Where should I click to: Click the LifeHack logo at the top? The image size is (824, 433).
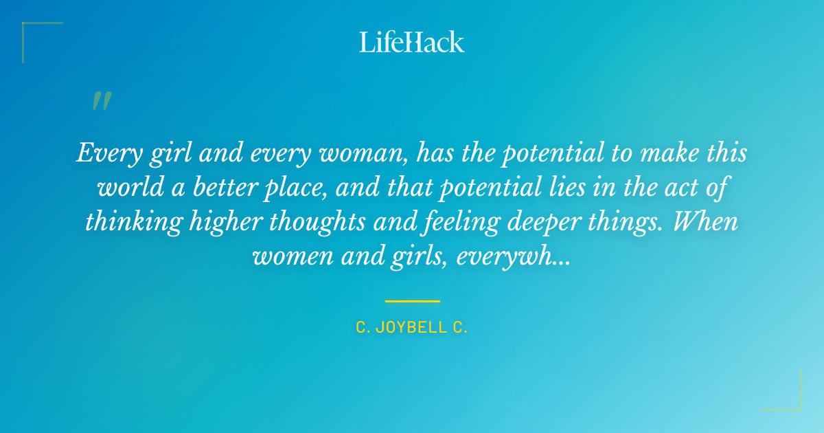[412, 42]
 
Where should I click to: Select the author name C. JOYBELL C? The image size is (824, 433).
[412, 328]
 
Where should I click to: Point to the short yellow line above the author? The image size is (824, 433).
[412, 301]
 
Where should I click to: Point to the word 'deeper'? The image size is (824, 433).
[516, 222]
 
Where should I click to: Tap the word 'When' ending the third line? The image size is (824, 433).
[708, 222]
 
